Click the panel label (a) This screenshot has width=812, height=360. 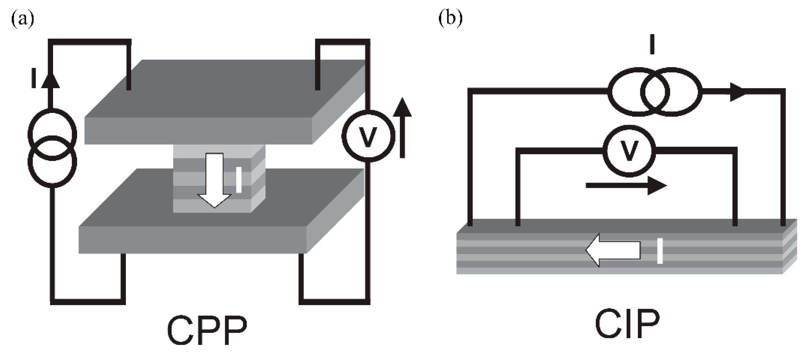(23, 18)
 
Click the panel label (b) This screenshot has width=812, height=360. (450, 18)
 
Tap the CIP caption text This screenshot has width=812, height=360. (627, 325)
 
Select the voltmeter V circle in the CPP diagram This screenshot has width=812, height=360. (368, 136)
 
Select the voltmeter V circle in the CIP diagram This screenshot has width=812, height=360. (629, 151)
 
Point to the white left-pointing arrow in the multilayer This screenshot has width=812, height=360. (613, 250)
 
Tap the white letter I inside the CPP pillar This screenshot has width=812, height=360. (239, 180)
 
